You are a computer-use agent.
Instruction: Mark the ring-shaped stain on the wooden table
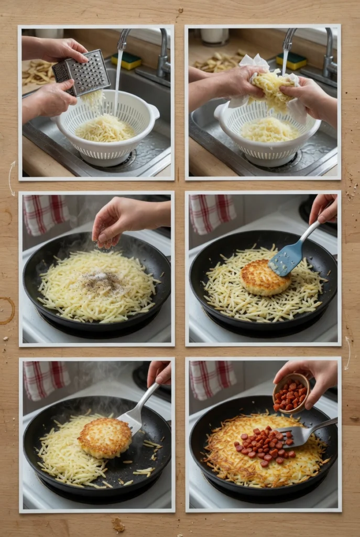coord(6,310)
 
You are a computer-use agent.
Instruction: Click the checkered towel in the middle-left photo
coord(46,214)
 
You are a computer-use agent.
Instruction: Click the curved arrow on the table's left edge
coord(10,178)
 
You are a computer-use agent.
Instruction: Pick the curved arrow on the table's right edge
coord(348,352)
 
